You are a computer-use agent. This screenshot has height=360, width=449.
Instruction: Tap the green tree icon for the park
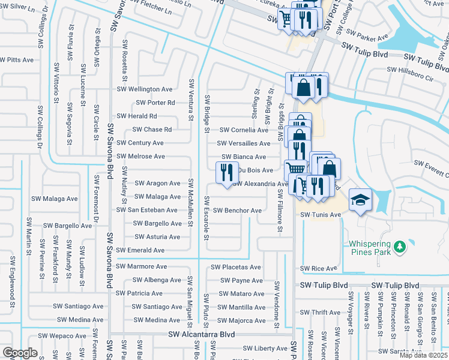tap(399, 247)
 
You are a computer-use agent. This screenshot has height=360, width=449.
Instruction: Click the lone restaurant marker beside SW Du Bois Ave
tap(226, 173)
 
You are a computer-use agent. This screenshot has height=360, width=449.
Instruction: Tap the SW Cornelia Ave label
tap(243, 130)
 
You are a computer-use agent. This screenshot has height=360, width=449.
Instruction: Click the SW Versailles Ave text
tap(243, 143)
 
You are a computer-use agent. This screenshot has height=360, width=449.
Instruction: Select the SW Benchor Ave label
tap(235, 211)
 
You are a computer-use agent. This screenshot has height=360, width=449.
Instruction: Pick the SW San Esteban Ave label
tap(147, 210)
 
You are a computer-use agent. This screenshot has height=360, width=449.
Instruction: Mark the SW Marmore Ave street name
tap(142, 266)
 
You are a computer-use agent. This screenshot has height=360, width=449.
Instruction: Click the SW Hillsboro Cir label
tap(410, 70)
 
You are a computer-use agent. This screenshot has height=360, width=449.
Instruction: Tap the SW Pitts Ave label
tap(17, 60)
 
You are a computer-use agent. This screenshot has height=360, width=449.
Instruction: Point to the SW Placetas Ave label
tap(235, 267)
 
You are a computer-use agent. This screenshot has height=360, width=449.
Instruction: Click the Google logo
tap(20, 353)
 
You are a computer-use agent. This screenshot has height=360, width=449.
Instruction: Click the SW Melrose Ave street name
tap(140, 157)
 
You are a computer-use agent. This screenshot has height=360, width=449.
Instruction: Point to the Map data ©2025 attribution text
tap(424, 355)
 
